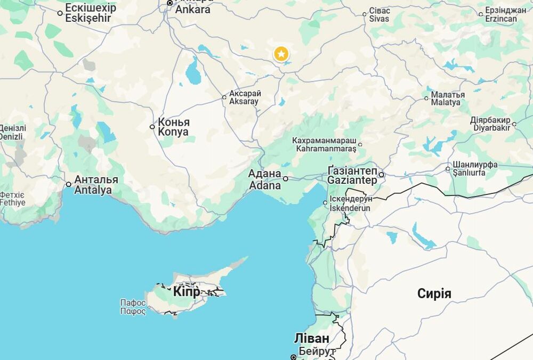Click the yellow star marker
tap(281, 54)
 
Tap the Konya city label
tap(173, 127)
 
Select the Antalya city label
tap(96, 185)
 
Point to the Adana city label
tap(264, 179)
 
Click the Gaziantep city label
tap(352, 175)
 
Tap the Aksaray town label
tap(245, 97)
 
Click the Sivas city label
tap(379, 15)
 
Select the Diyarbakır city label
tap(490, 124)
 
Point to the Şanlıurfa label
tap(469, 168)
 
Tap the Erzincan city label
tap(501, 15)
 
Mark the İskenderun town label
tap(350, 203)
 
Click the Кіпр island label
tap(187, 292)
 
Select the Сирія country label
tap(434, 293)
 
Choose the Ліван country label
tap(311, 339)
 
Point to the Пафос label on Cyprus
tap(133, 307)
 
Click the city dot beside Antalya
tap(68, 184)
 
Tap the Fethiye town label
tap(12, 199)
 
